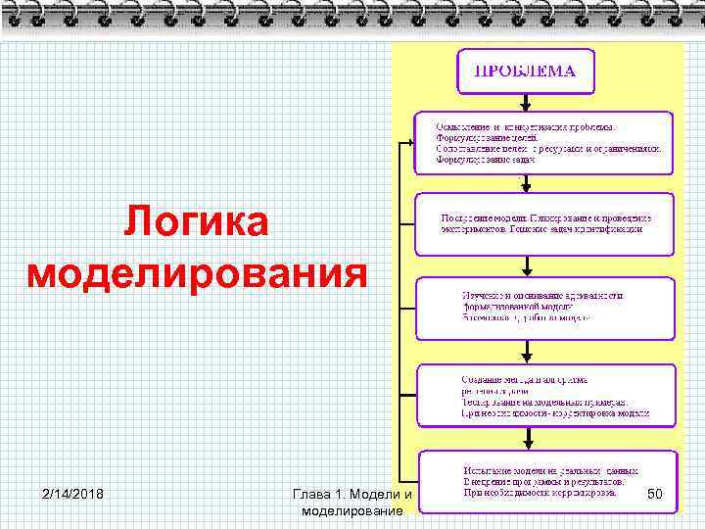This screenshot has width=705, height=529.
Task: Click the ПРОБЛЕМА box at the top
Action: click(x=526, y=72)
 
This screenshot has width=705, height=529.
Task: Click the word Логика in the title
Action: click(x=196, y=223)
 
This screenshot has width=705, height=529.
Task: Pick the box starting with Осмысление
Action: click(x=543, y=142)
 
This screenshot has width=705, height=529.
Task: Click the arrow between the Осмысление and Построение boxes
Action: click(x=527, y=182)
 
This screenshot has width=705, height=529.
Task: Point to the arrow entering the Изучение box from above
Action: click(x=527, y=265)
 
